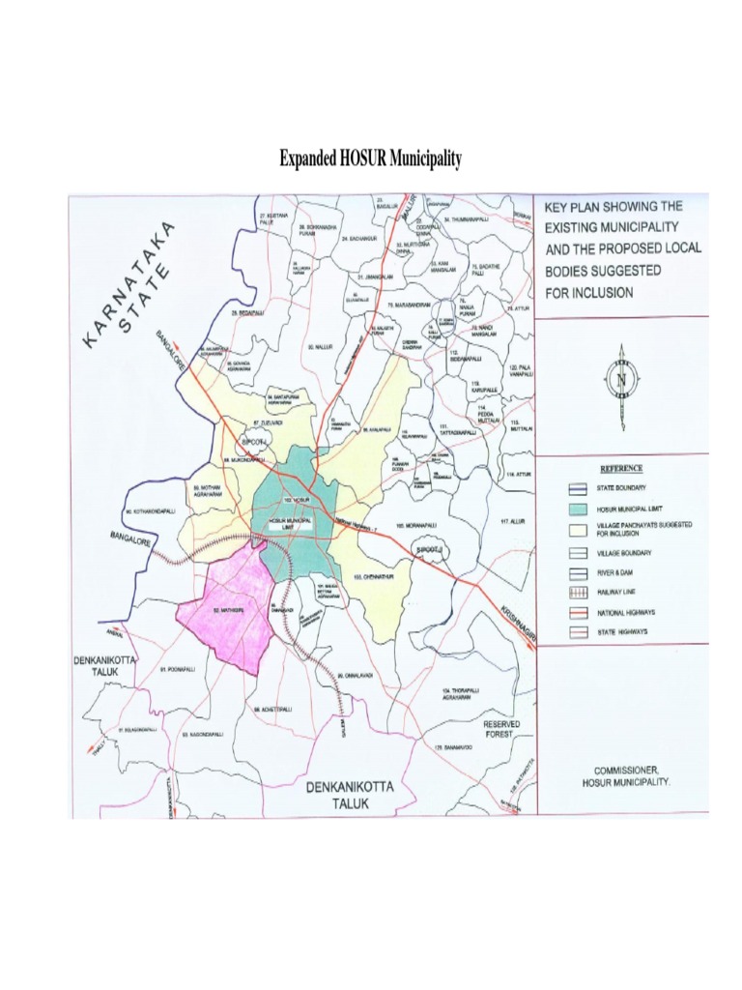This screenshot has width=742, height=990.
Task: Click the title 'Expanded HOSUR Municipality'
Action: pos(370,158)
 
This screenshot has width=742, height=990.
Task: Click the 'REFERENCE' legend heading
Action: pos(620,468)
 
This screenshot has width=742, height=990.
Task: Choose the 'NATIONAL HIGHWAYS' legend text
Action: pos(628,611)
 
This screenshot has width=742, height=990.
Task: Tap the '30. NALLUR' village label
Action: pos(319,345)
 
